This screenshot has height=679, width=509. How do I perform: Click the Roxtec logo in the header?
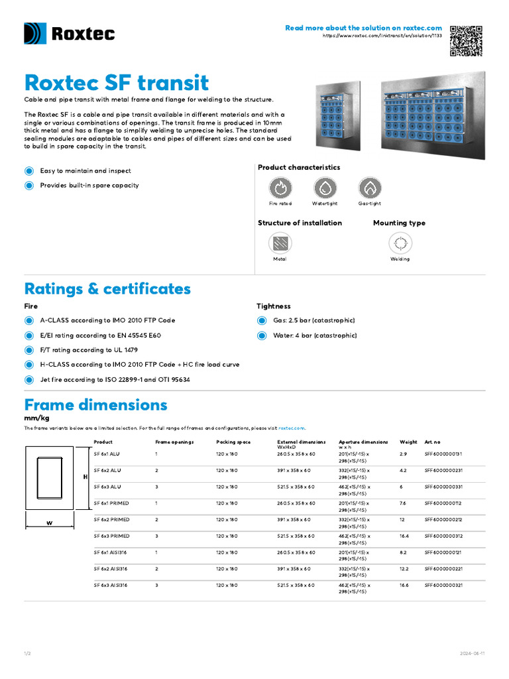[70, 34]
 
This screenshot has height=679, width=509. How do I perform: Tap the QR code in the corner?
[467, 40]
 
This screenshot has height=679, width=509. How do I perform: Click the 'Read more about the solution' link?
[363, 28]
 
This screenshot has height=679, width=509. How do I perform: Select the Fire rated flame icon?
[280, 188]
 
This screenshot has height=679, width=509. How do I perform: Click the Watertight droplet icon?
[325, 188]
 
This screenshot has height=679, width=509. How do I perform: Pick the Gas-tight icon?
[369, 188]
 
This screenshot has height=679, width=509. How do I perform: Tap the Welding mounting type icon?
[400, 243]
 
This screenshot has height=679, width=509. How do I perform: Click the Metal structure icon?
[280, 243]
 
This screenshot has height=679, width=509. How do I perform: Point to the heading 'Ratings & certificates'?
[107, 289]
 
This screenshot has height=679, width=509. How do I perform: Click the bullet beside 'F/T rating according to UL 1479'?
[28, 350]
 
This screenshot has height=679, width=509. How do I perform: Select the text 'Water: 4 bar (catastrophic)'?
[315, 336]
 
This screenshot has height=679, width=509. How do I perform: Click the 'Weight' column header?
[408, 442]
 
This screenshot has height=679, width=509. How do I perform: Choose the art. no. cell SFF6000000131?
[443, 454]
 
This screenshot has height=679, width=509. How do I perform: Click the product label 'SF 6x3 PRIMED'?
[112, 536]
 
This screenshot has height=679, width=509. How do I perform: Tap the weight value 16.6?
[404, 586]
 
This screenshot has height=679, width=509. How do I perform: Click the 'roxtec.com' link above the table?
[292, 428]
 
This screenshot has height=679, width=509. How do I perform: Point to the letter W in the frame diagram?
[49, 523]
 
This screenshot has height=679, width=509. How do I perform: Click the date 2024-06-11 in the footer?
[473, 653]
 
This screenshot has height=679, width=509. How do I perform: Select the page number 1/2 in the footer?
[27, 653]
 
